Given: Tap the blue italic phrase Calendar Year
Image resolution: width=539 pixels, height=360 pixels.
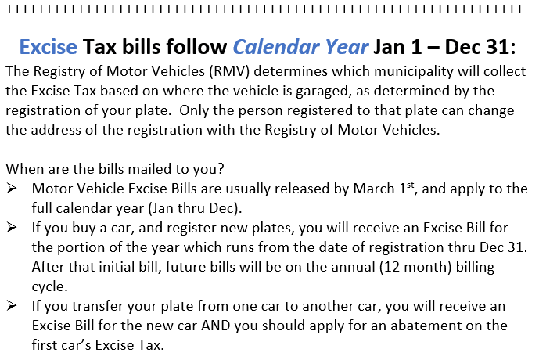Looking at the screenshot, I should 300,46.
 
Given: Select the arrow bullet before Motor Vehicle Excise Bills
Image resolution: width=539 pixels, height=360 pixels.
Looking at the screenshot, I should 12,189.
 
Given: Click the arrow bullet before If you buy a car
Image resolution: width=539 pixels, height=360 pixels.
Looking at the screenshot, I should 12,227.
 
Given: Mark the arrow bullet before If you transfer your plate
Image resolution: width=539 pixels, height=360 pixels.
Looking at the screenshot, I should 12,304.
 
